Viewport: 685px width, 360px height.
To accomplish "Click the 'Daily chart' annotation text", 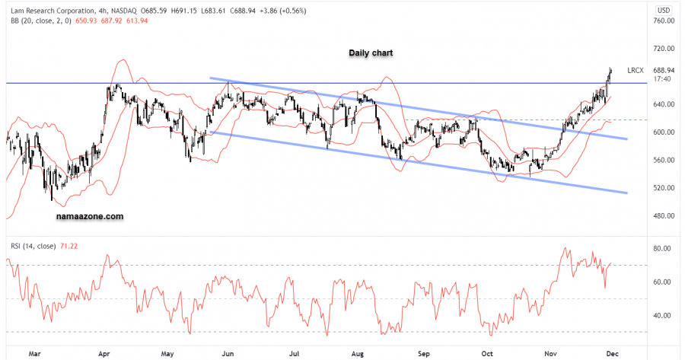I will [371, 53].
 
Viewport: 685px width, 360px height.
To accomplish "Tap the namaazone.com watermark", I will [90, 216].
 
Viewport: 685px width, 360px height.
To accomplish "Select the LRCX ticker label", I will [636, 70].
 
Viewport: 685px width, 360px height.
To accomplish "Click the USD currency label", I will [664, 9].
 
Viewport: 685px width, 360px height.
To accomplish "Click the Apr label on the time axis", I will [104, 353].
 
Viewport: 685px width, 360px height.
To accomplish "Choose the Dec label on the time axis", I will [612, 353].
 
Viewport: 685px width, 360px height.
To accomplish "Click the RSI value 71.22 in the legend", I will [70, 245].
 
